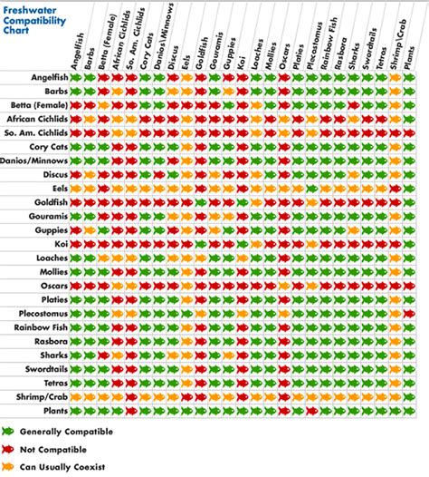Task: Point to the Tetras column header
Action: pyautogui.click(x=385, y=54)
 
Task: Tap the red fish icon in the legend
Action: pyautogui.click(x=9, y=449)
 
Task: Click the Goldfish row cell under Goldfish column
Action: pyautogui.click(x=201, y=201)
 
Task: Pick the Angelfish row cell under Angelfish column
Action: pyautogui.click(x=76, y=78)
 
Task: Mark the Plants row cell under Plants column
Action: pyautogui.click(x=409, y=409)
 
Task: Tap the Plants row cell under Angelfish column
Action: pyautogui.click(x=76, y=409)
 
